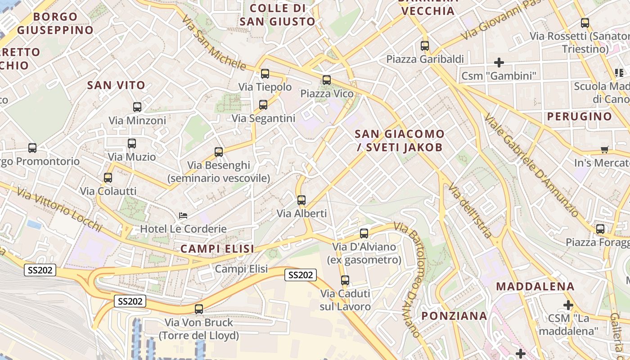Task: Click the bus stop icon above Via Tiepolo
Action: pos(265,73)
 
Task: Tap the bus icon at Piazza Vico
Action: pos(326,80)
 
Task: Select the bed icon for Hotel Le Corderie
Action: pos(183,215)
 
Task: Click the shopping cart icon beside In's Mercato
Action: pos(604,149)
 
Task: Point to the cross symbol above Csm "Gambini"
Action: pos(499,62)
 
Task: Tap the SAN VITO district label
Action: pos(116,85)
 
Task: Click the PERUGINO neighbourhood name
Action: pos(580,117)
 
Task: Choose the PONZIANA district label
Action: pos(454,316)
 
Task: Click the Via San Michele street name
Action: pos(215,43)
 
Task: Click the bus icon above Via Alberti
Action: pos(301,200)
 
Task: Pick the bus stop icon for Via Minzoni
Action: pos(137,107)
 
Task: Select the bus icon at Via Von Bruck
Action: pos(198,309)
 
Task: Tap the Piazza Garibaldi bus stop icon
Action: pos(425,45)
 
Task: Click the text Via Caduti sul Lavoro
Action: pos(345,300)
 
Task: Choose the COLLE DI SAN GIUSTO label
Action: pos(277,15)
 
